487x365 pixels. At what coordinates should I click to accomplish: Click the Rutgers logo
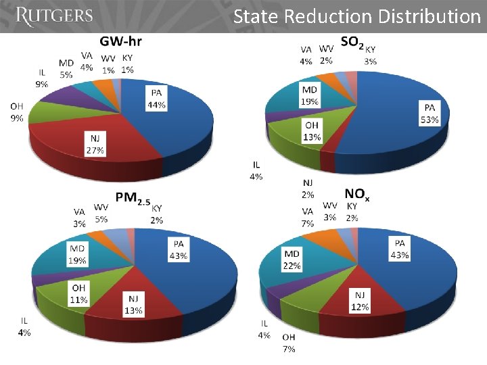point(53,16)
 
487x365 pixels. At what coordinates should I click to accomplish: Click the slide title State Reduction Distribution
point(356,16)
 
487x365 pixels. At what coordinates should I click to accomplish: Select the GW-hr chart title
point(121,41)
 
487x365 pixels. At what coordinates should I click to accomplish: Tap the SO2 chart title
point(352,43)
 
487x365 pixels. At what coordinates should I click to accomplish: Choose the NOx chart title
point(357,195)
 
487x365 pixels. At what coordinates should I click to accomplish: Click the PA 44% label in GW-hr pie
point(156,99)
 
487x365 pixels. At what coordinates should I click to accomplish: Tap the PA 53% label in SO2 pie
point(430,114)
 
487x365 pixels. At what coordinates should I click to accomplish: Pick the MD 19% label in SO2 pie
point(309,95)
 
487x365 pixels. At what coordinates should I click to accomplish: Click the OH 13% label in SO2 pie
point(312,131)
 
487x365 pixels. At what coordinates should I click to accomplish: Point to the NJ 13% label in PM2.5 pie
point(133,304)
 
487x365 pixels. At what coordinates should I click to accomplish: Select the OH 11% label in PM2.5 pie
point(79,294)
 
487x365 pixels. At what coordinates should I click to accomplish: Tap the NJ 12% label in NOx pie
point(360,301)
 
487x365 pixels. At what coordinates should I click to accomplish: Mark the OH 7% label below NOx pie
point(289,342)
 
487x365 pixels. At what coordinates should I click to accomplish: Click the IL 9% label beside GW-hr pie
point(42,78)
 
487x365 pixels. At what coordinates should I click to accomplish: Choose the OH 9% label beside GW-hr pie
point(17,112)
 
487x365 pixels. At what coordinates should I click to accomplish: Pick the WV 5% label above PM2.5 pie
point(101,213)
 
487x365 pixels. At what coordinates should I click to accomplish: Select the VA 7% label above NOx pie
point(307,217)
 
